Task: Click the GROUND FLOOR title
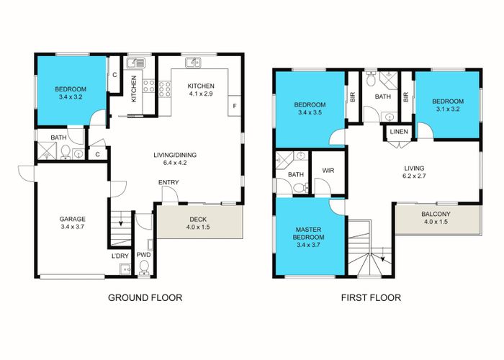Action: (145, 297)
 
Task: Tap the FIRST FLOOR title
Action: (371, 297)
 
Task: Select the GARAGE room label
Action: (72, 219)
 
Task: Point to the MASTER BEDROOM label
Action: (308, 233)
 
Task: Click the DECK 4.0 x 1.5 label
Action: (198, 223)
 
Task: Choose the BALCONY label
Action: (436, 214)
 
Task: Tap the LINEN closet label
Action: (399, 132)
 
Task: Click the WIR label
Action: (328, 171)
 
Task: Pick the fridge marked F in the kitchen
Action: (234, 106)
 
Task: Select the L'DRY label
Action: (120, 256)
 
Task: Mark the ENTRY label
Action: (168, 183)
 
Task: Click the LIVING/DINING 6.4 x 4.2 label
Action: (175, 159)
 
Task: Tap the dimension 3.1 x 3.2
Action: (448, 109)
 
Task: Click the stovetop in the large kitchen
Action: (165, 89)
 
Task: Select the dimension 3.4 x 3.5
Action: (310, 112)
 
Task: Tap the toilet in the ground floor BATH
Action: (66, 152)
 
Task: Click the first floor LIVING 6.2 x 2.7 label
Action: (414, 172)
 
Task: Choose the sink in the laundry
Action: (125, 269)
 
